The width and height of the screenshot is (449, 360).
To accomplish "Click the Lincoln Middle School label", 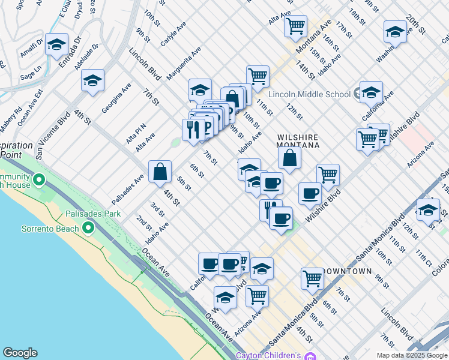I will [309, 94].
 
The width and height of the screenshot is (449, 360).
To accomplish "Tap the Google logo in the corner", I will [20, 353].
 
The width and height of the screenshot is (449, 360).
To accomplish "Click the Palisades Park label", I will [97, 214].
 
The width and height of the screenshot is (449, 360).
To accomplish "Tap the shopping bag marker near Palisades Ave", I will [160, 172].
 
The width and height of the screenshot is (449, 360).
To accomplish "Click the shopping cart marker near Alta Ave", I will [295, 26].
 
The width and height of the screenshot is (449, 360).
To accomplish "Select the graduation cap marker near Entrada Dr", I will [56, 44].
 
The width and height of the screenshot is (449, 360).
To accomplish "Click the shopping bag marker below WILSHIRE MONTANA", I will [289, 158].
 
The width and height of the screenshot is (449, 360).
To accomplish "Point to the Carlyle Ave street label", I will [173, 35].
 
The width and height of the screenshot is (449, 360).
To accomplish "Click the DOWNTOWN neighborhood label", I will [348, 271].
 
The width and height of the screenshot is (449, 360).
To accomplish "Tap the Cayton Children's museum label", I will [268, 356].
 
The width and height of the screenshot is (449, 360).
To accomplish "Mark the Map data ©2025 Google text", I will [412, 355].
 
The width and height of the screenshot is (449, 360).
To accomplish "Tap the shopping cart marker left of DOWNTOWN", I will [312, 278].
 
